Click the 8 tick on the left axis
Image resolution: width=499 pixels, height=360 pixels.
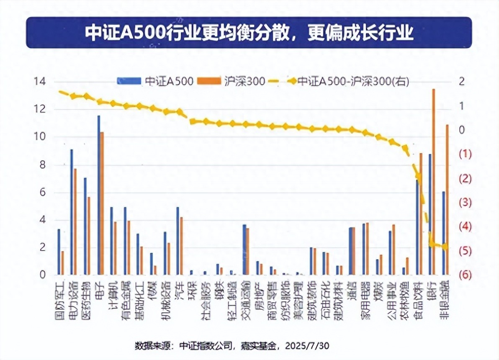tap(44, 165)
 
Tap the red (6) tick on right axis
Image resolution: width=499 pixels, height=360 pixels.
tap(465, 275)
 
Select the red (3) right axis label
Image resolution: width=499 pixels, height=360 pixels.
tap(465, 203)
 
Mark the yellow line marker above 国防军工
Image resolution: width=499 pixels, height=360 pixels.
tap(60, 92)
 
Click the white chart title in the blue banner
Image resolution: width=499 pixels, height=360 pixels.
tap(249, 33)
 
